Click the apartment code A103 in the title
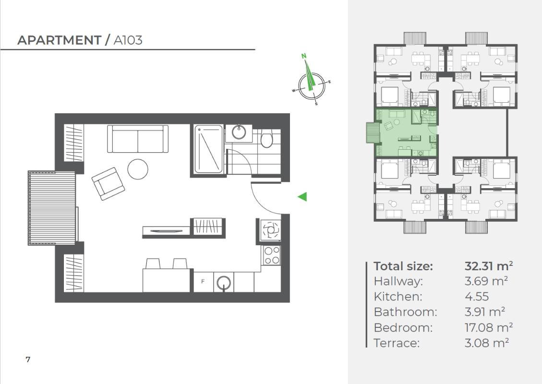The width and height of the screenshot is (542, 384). (128, 40)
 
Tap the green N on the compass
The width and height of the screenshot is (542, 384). (304, 55)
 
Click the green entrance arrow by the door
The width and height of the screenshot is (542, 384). (302, 197)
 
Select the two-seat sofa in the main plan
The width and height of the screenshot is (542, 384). (138, 139)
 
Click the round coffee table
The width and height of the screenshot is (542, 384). (138, 169)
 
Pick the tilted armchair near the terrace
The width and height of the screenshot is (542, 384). (108, 183)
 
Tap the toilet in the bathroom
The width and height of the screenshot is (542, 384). (266, 138)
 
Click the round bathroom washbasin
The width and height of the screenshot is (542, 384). (239, 132)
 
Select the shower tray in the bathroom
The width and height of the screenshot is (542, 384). (208, 149)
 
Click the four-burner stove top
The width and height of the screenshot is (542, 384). (271, 255)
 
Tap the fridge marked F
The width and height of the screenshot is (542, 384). (203, 281)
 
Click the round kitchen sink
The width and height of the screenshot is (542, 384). (224, 283)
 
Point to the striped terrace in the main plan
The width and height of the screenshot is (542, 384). (52, 208)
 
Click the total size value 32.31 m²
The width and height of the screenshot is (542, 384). (488, 266)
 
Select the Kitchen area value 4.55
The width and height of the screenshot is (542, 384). (477, 297)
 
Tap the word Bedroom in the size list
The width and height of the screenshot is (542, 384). (403, 327)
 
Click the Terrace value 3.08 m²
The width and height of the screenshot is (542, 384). (487, 343)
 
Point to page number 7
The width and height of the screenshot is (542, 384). (28, 360)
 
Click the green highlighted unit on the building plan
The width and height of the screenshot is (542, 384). (407, 133)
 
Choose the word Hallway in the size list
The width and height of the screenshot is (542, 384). (398, 282)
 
